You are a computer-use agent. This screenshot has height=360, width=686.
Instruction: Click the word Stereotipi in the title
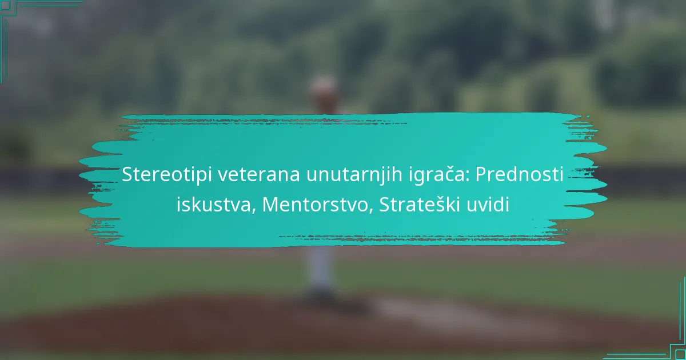167,174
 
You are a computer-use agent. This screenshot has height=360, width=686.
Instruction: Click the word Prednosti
520,174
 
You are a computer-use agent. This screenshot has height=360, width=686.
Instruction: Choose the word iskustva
214,205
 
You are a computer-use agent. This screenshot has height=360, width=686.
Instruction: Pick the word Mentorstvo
315,205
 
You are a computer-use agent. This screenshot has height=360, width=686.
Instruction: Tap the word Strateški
420,205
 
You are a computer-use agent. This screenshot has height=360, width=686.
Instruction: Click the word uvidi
488,205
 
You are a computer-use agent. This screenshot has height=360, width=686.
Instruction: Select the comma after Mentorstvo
370,212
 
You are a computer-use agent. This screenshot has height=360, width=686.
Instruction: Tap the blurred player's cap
324,83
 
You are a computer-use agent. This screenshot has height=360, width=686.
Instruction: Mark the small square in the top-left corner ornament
5,5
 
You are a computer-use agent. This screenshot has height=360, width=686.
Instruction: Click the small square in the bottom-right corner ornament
680,355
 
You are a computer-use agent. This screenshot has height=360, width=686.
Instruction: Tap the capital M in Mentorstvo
270,205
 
